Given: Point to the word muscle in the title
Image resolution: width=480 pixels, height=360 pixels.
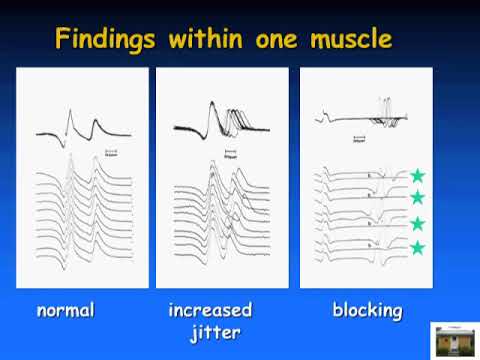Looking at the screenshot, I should (346, 40).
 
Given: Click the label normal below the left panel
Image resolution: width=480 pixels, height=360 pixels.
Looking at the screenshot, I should (65, 310).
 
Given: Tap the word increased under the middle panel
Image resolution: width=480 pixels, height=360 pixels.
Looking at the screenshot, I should (209, 310).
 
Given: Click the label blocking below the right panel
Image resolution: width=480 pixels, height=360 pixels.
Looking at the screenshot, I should (367, 310).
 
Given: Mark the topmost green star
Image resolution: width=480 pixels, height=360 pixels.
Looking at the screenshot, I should (417, 176).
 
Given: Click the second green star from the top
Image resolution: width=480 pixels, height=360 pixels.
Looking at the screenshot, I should (417, 197).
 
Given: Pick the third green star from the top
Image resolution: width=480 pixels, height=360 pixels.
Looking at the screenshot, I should (417, 223).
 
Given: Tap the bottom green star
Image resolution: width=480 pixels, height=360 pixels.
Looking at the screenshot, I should (417, 247).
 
